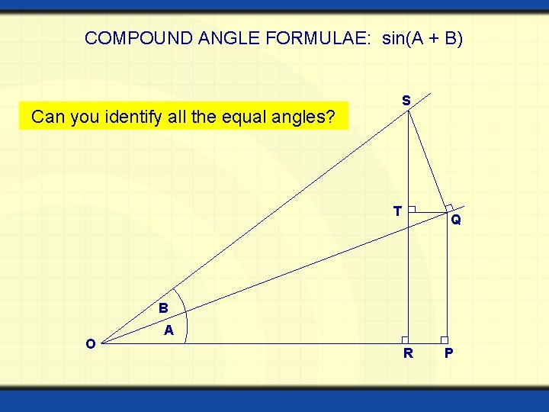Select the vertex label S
click(406, 100)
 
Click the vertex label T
click(397, 211)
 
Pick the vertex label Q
click(455, 220)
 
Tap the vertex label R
click(408, 353)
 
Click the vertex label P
click(448, 353)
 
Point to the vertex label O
click(90, 344)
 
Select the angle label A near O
click(169, 330)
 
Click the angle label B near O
click(163, 308)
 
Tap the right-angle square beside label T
click(411, 209)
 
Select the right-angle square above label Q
click(449, 207)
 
